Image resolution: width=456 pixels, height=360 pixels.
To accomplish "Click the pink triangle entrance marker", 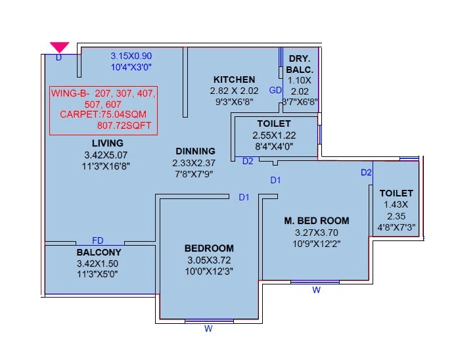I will (x=60, y=47).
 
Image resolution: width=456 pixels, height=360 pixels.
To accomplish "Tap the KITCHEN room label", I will (x=234, y=79).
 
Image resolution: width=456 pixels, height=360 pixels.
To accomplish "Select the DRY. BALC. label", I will (x=302, y=64).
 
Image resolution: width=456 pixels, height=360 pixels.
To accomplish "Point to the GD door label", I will (x=276, y=90).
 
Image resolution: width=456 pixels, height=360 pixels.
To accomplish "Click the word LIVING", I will (x=107, y=143).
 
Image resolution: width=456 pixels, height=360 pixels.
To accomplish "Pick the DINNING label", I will (x=195, y=151).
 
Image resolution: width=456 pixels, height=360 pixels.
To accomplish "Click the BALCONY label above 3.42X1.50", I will (x=99, y=252).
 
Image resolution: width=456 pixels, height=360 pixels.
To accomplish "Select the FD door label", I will (x=97, y=241).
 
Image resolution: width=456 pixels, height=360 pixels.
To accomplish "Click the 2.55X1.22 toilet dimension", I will (x=274, y=135).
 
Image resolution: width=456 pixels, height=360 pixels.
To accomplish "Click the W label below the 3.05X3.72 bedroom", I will (x=208, y=330).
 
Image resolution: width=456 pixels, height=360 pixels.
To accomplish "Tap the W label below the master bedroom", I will (x=316, y=289).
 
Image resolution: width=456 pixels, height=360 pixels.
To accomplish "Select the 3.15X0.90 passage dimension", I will (x=131, y=56).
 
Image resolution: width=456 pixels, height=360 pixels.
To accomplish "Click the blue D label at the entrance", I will (x=58, y=58).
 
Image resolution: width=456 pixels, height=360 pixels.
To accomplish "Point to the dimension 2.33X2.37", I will (x=194, y=163).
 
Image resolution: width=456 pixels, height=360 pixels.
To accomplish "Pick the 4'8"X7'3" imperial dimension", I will (x=397, y=228).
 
